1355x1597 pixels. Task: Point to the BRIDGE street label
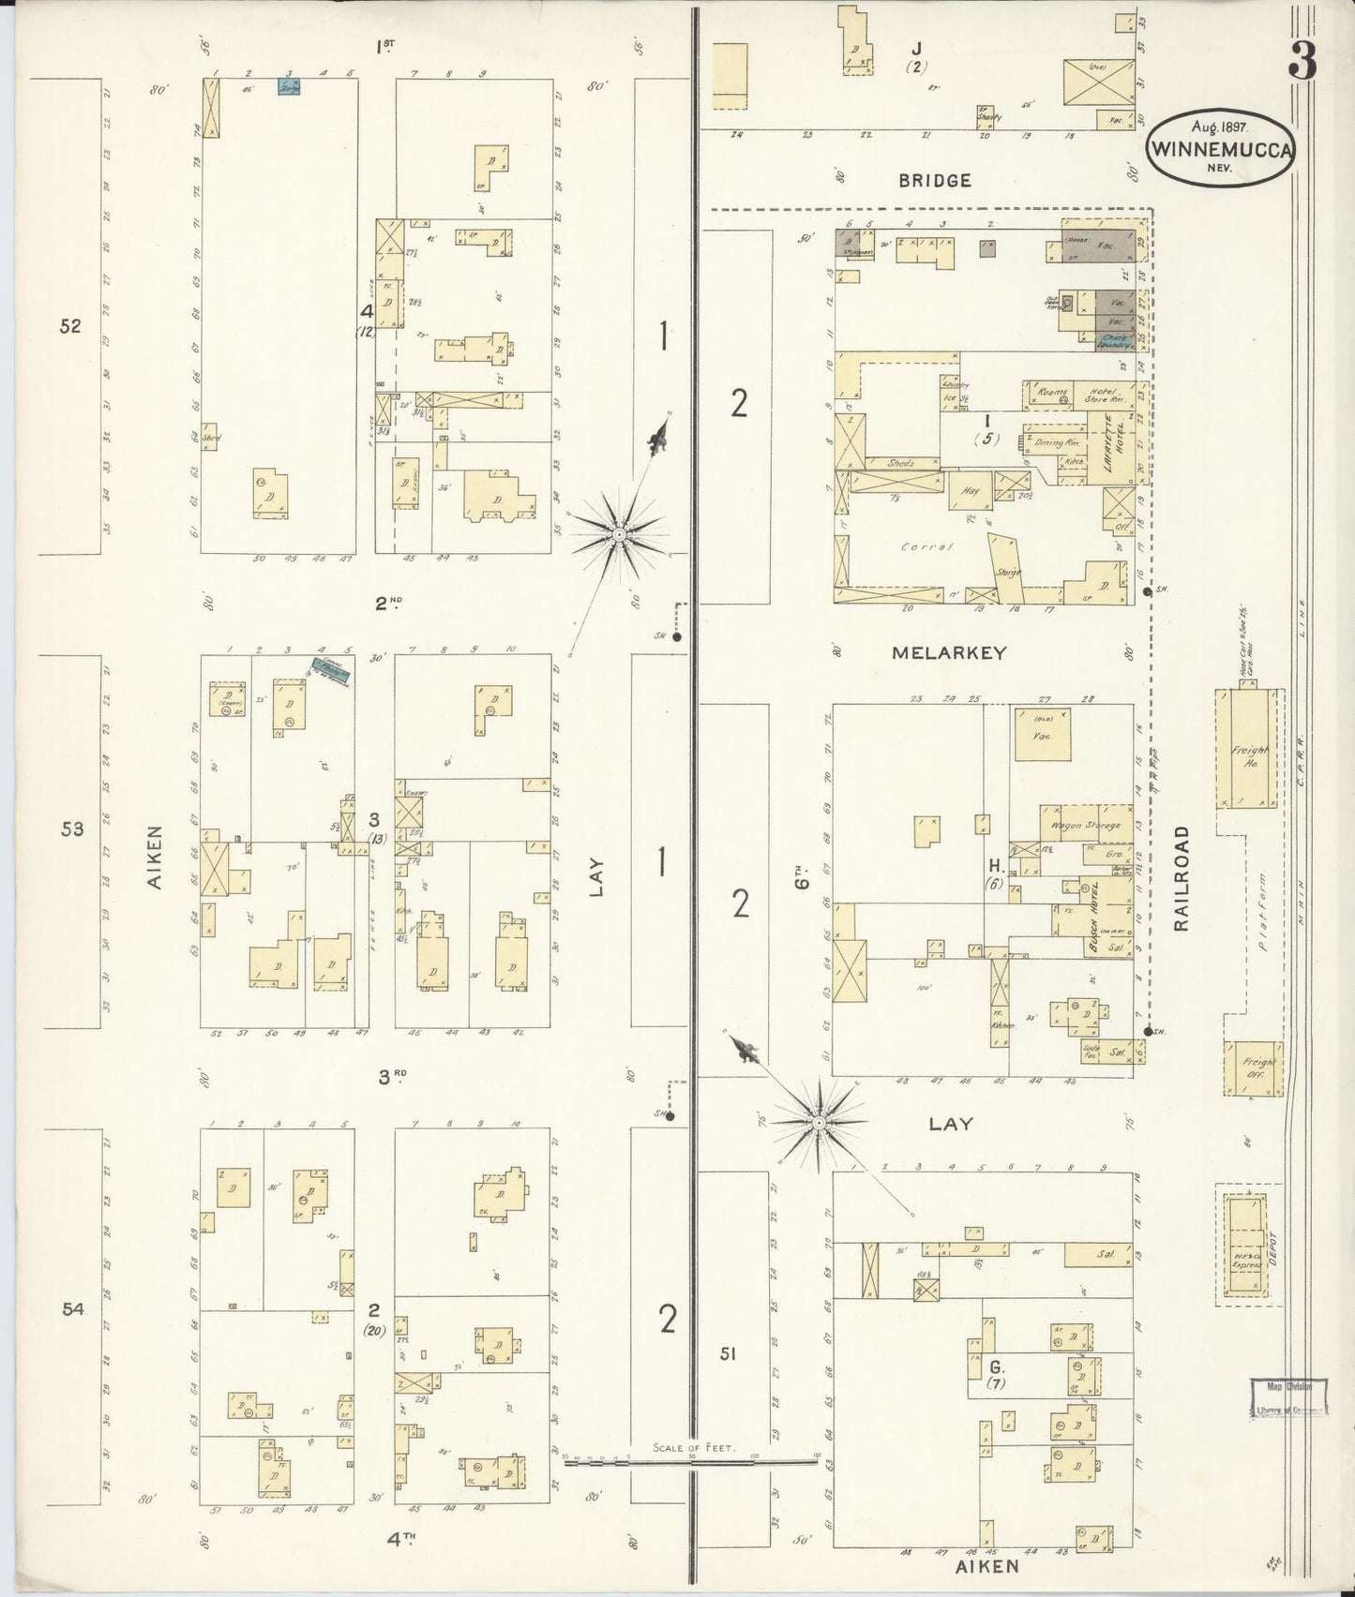coord(935,180)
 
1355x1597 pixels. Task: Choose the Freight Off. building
coord(1252,1068)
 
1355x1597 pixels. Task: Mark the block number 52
coord(70,326)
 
